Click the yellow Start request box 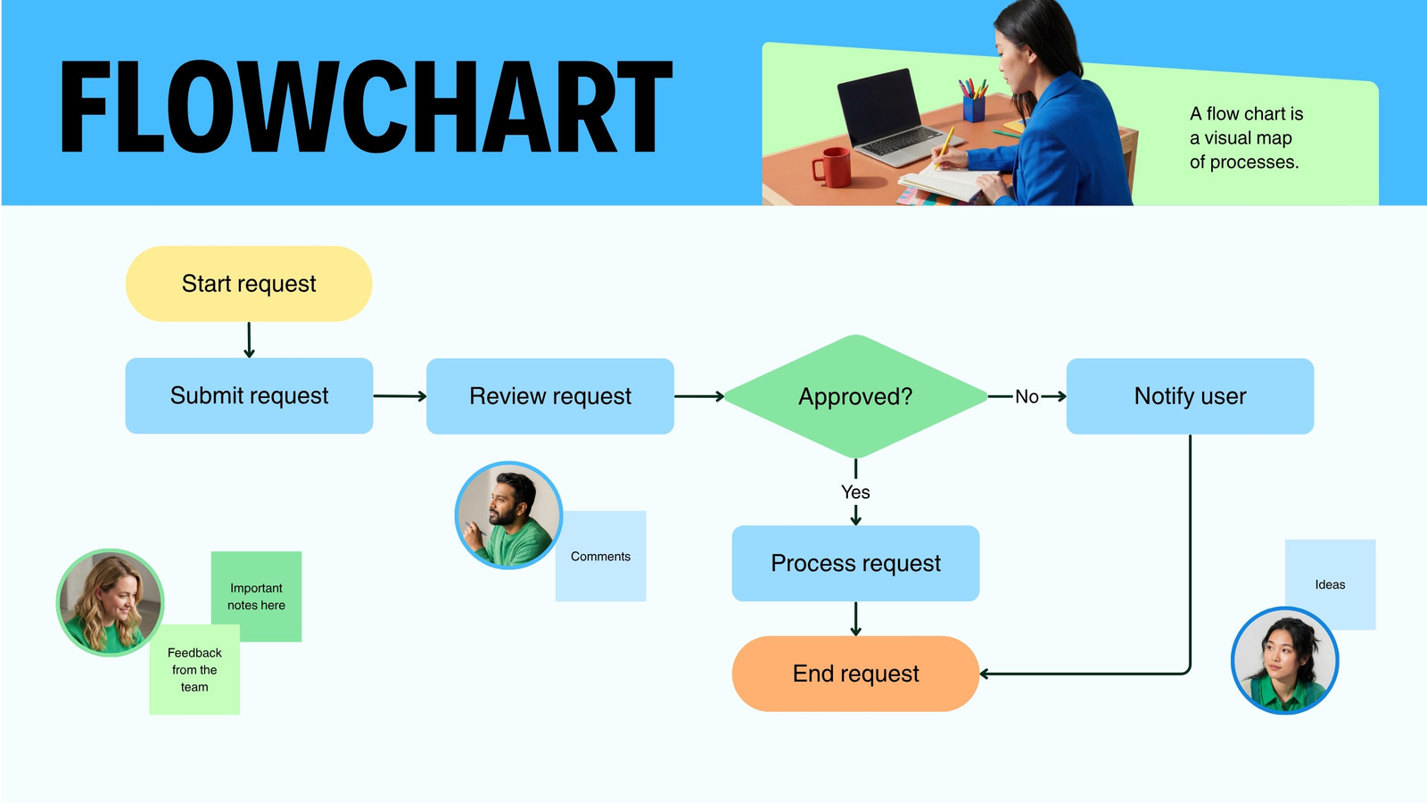pos(249,284)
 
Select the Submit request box pos(249,396)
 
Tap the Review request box pos(550,396)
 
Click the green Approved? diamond pos(855,396)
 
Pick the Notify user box pos(1190,396)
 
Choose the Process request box pos(855,563)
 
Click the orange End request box pos(855,674)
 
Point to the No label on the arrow pos(1027,396)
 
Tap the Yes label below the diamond pos(855,492)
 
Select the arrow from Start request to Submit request pos(249,340)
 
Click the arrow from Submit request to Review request pos(400,396)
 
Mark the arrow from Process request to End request pos(855,618)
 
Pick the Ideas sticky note pos(1330,571)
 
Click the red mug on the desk pos(832,167)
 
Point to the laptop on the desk pos(883,116)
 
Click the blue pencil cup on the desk pos(973,107)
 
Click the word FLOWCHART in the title pos(366,107)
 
